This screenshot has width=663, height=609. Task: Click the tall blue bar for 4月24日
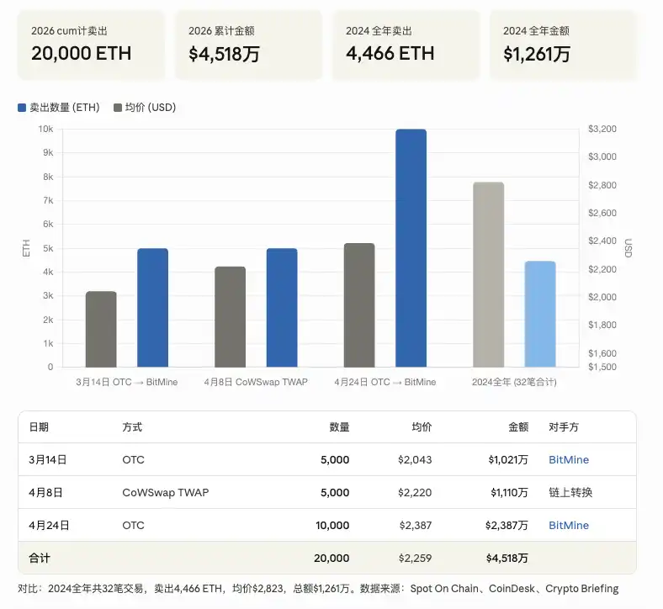point(411,248)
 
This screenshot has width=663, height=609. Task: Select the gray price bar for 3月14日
point(101,329)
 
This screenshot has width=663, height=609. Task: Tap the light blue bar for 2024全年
point(540,314)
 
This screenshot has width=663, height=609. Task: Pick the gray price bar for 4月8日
point(230,317)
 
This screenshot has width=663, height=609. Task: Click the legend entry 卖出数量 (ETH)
point(58,108)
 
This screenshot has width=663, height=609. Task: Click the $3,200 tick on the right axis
point(603,129)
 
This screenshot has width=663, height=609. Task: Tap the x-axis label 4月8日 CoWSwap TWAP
point(256,382)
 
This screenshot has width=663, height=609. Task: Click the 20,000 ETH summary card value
point(81,54)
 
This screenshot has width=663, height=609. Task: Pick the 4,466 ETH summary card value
point(390,54)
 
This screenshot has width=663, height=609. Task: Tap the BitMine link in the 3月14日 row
point(569,460)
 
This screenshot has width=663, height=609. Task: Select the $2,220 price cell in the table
point(415,493)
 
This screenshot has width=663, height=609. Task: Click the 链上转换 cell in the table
point(570,493)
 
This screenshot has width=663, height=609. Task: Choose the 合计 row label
point(40,559)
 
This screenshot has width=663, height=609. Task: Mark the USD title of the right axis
point(628,248)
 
